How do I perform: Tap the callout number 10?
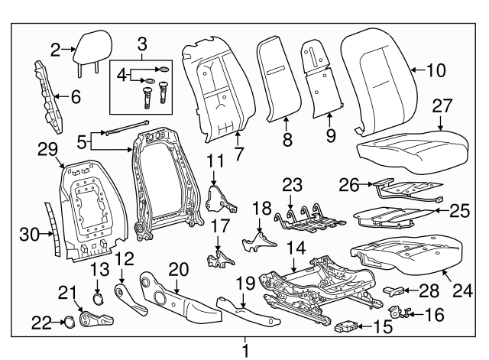click(435, 72)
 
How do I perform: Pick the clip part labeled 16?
click(397, 311)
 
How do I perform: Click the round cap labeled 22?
click(66, 322)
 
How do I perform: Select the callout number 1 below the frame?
click(245, 351)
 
